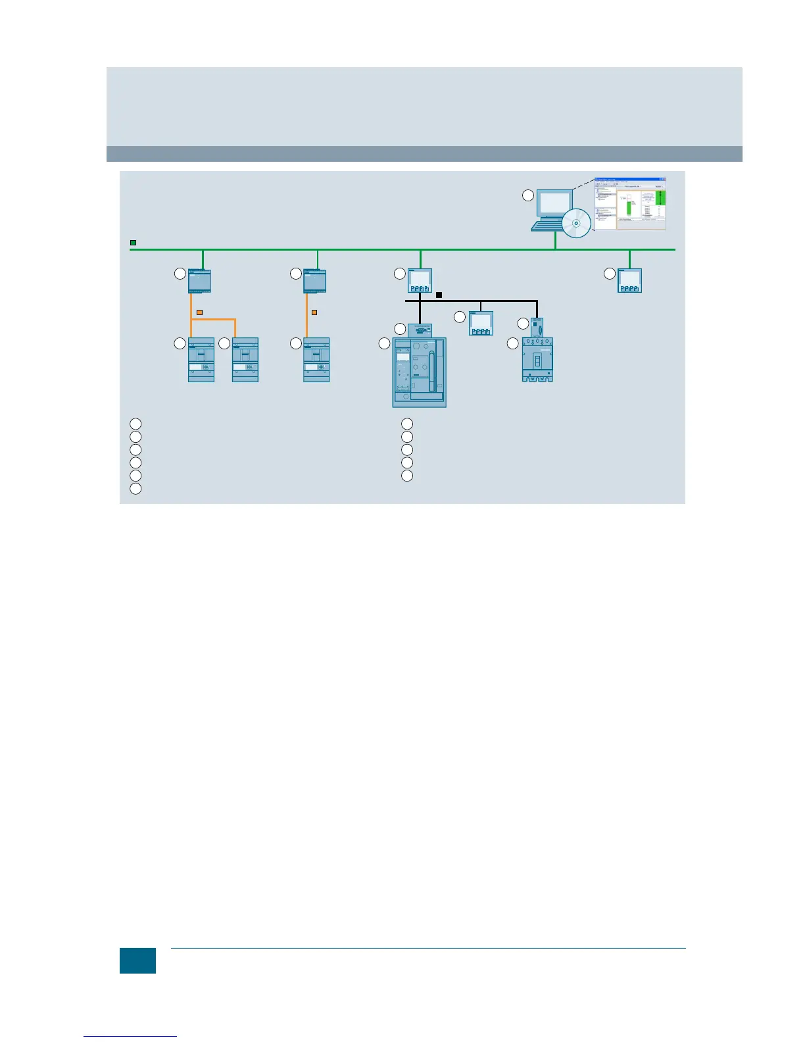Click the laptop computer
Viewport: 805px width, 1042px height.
pos(551,210)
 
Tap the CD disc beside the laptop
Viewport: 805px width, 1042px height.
pos(577,223)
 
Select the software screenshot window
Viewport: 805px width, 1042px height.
pos(630,203)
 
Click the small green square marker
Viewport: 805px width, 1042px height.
pos(133,243)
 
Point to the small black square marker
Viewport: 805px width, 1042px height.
pos(439,295)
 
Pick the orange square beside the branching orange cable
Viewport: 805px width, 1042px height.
pos(199,312)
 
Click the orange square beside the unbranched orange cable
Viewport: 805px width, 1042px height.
pos(314,312)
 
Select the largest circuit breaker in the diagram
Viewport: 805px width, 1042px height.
pos(419,372)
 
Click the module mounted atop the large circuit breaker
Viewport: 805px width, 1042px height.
pos(420,330)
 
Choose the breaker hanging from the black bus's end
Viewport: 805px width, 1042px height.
pos(537,359)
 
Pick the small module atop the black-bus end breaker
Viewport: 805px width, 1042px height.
pos(537,327)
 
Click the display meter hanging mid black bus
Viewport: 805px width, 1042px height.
pos(481,323)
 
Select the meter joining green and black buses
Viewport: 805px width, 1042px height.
pos(420,281)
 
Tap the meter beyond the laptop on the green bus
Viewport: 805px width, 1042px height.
pos(629,281)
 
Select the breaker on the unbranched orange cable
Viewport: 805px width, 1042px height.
pos(316,360)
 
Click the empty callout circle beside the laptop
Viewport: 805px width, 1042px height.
pos(527,195)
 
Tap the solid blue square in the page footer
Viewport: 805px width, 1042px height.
pos(137,960)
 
